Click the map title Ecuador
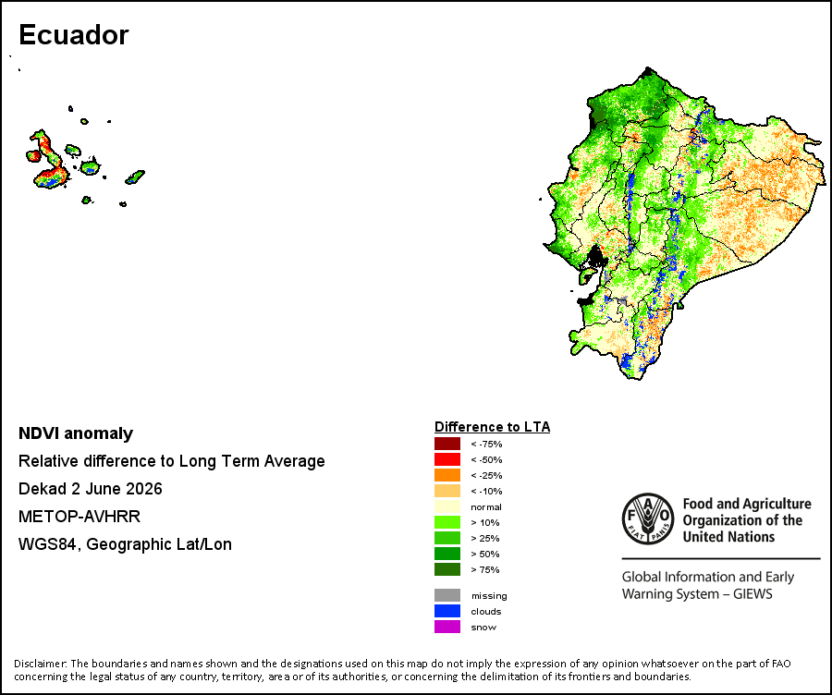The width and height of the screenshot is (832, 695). [x=74, y=35]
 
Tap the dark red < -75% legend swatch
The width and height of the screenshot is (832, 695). [x=447, y=444]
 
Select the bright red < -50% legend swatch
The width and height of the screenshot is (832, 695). [x=447, y=459]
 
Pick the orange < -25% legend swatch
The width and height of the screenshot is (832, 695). [x=447, y=475]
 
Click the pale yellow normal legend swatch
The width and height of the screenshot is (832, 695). [x=447, y=506]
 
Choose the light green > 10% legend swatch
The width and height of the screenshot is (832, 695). [x=447, y=522]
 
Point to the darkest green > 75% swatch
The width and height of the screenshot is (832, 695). [x=447, y=569]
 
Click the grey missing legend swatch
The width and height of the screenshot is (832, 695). [x=447, y=595]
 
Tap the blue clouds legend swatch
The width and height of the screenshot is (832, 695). [x=447, y=611]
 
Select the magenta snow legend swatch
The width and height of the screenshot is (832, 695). [x=447, y=627]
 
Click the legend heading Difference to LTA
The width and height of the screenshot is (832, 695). [x=493, y=427]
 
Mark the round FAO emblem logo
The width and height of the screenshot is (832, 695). [x=648, y=518]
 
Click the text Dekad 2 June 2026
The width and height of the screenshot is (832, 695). [x=91, y=489]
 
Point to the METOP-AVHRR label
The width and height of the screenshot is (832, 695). [x=80, y=517]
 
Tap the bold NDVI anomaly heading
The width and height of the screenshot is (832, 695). [x=76, y=433]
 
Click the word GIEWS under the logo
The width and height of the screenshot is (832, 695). [x=752, y=593]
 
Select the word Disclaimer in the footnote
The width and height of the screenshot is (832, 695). [x=41, y=664]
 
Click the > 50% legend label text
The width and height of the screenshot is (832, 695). [x=485, y=554]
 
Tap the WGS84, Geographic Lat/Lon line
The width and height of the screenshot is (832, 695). [x=125, y=544]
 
